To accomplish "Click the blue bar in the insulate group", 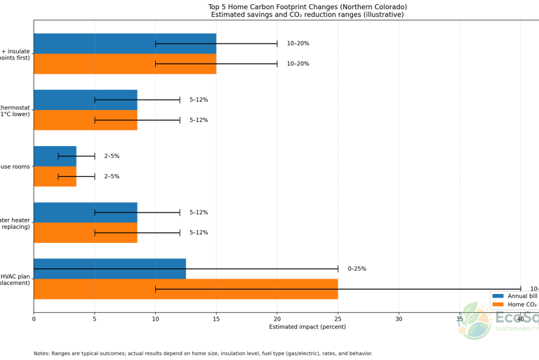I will point(125,44).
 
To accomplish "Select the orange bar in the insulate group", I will point(125,64).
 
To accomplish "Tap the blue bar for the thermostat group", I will point(86,100).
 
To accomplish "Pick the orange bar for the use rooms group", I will point(55,176).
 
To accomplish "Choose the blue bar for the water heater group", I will point(86,212).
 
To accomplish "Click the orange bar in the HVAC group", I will point(186,288).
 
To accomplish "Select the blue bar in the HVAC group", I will point(109,268).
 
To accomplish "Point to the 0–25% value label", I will point(357,269).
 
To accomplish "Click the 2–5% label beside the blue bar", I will point(112,156).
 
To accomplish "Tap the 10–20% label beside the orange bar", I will point(298,64).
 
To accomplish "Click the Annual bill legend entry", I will point(523,297).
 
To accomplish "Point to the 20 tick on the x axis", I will point(277,319).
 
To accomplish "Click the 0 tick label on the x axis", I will point(34,319).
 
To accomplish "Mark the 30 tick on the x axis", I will point(399,319).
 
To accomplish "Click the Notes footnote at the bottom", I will point(203,353).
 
